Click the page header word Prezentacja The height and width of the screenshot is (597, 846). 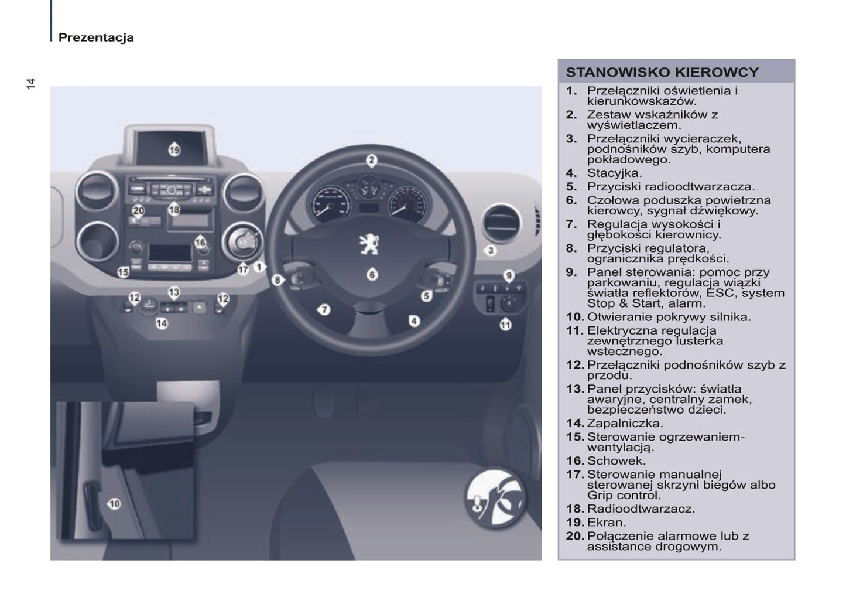point(96,37)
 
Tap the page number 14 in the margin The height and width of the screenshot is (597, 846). point(30,84)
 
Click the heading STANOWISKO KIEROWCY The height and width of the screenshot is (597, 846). point(662,73)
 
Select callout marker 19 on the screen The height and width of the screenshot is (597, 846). point(174,150)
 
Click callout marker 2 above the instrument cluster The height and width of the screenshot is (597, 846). point(371,160)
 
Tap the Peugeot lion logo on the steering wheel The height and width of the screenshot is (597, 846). point(369,244)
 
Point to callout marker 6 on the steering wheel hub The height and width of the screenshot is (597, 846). point(372,274)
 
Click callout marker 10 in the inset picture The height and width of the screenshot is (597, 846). point(114,503)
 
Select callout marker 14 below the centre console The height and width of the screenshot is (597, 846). point(162,323)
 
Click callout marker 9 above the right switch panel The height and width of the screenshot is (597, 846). point(509,275)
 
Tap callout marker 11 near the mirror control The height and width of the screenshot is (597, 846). point(505,325)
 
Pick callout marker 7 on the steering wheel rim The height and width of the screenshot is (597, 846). point(324,309)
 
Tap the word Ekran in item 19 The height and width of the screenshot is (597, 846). point(606,522)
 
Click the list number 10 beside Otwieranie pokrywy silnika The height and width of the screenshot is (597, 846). point(574,317)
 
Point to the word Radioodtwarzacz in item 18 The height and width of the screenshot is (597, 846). point(641,509)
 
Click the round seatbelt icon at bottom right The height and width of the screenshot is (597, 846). point(495,498)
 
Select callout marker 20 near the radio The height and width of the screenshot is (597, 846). point(138,210)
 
